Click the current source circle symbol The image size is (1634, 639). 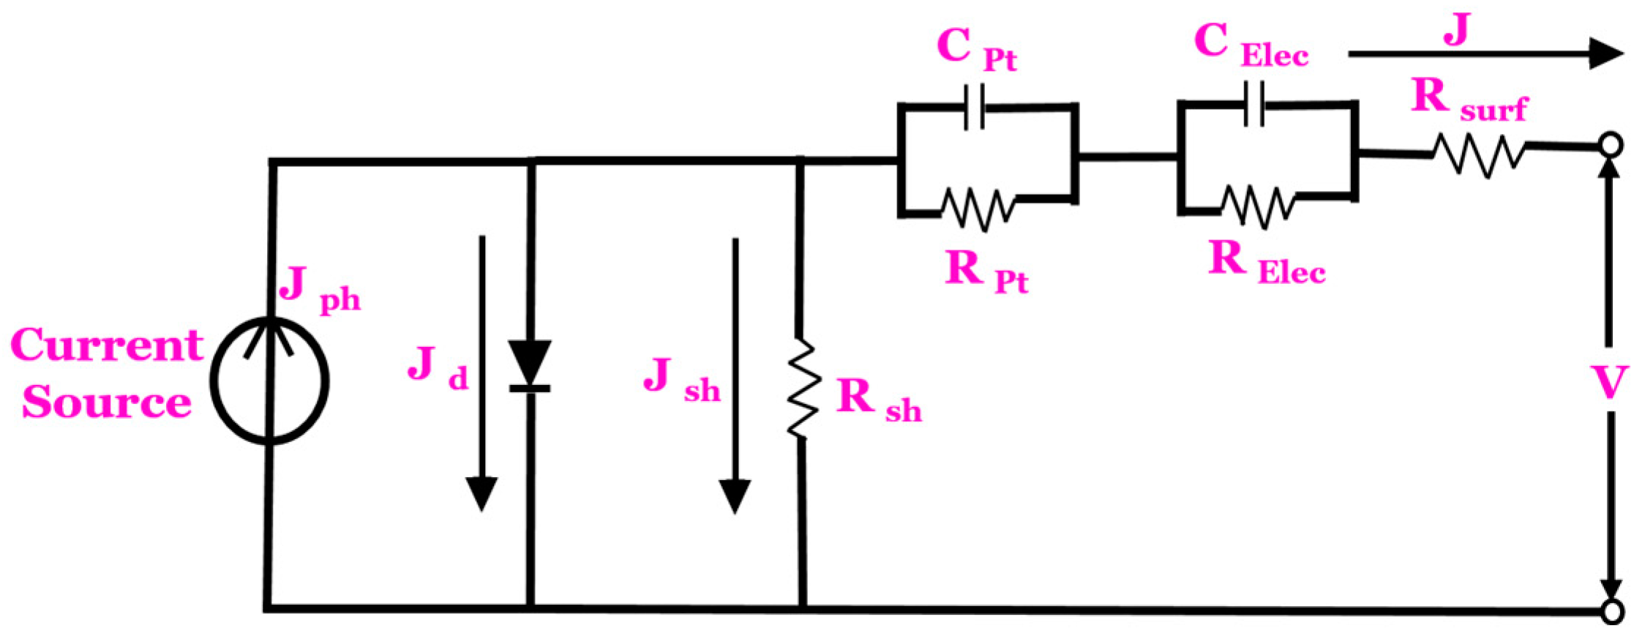pos(269,381)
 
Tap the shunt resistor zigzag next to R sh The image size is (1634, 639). pos(802,388)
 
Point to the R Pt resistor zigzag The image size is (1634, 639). pos(978,209)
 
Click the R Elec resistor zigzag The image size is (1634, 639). pos(1256,204)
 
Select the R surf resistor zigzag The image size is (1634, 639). pos(1478,154)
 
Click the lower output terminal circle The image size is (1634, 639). pos(1611,612)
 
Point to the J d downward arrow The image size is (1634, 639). pos(481,373)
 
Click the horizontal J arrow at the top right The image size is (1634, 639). pos(1485,54)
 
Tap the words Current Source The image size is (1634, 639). pos(108,373)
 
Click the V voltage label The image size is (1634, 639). pos(1608,382)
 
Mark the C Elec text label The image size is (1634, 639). pos(1251,45)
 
